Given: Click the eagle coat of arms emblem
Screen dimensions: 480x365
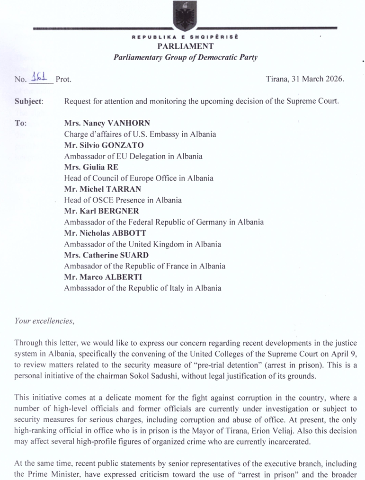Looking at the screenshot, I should point(183,16).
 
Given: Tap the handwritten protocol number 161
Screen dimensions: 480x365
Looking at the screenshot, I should point(42,78).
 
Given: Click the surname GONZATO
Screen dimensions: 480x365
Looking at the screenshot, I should point(113,145).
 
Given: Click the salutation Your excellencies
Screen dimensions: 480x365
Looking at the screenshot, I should point(45,321).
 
